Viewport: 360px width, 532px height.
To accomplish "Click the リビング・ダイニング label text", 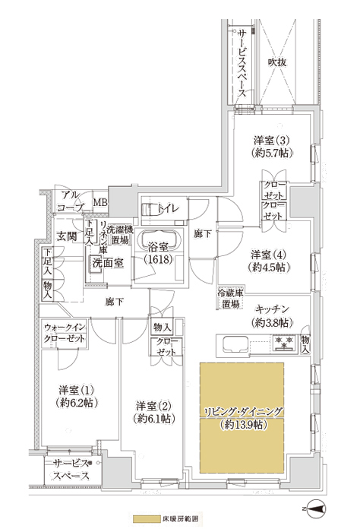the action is coord(242,412).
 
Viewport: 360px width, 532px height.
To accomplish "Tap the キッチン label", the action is coord(272,309).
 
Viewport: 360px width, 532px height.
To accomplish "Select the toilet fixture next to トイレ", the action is coord(149,209).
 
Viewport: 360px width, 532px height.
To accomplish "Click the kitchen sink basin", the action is coord(235,344).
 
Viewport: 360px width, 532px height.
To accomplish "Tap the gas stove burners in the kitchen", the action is coord(284,342).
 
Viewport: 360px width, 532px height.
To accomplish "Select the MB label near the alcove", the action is coord(100,203).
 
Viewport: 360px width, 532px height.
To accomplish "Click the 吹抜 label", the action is coord(277,62).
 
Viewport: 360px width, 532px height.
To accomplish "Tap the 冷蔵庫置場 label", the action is coord(231,298).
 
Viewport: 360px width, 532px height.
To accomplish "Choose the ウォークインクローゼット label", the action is coord(65,334).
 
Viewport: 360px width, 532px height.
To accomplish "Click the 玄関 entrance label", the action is coord(66,236).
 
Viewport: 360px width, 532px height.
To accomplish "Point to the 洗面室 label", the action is coord(108,263).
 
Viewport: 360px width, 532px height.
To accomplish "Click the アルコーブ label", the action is coord(71,201).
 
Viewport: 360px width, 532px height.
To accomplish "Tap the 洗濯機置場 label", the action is coord(120,234).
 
